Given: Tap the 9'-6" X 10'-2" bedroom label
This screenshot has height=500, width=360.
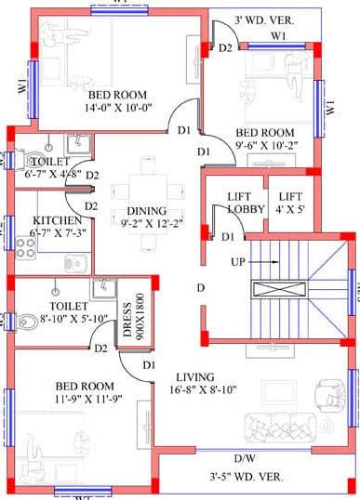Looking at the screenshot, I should pyautogui.click(x=264, y=138).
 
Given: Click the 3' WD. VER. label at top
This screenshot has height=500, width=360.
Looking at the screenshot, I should pyautogui.click(x=265, y=20).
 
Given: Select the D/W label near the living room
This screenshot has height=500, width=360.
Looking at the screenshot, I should pyautogui.click(x=245, y=458).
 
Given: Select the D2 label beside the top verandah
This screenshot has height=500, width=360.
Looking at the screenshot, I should pyautogui.click(x=225, y=46).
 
